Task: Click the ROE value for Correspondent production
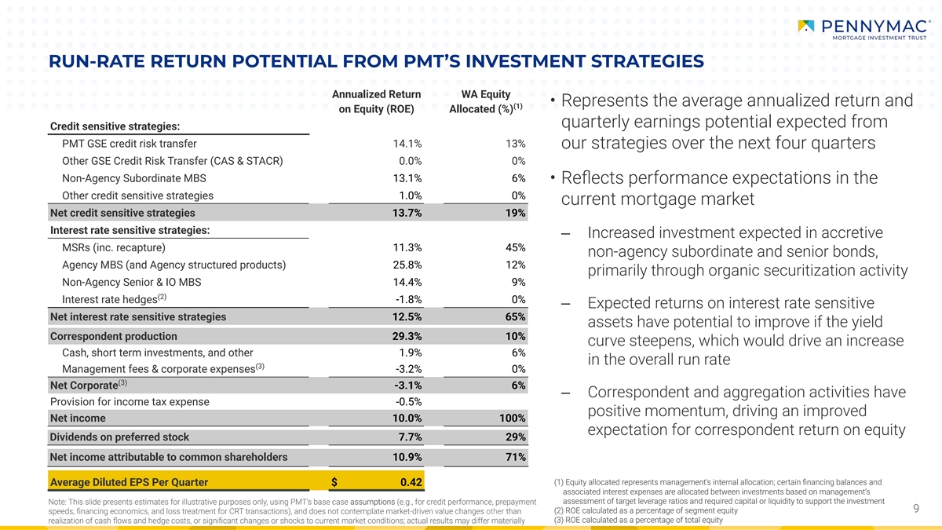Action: click(x=407, y=337)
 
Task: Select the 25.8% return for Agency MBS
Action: click(x=407, y=265)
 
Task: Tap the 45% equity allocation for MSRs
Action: click(x=516, y=247)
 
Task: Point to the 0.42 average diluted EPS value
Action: click(x=411, y=481)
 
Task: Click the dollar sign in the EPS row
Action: click(x=334, y=481)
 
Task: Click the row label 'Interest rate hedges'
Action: click(x=114, y=300)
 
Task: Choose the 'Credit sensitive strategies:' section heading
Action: click(x=115, y=126)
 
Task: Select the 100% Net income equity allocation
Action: click(x=512, y=419)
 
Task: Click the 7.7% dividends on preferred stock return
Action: click(x=410, y=437)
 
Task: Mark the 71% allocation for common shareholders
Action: click(x=516, y=457)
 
